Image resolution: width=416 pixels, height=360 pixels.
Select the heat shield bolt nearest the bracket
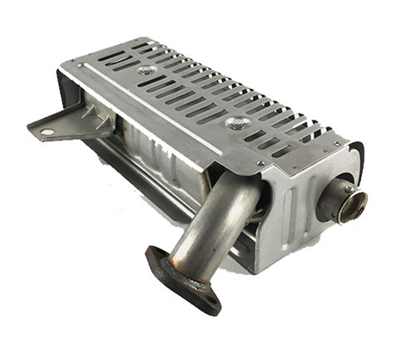147,72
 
